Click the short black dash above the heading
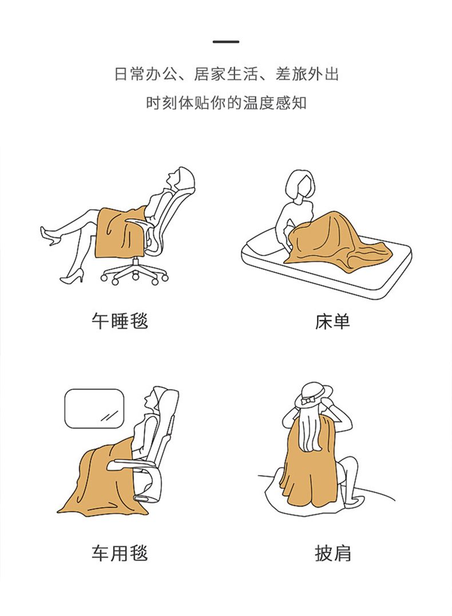pyautogui.click(x=226, y=41)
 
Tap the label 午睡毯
pyautogui.click(x=120, y=321)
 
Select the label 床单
pyautogui.click(x=332, y=321)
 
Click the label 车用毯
pyautogui.click(x=120, y=553)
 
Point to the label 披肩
pyautogui.click(x=332, y=553)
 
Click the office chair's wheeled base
pyautogui.click(x=134, y=272)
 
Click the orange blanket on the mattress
pyautogui.click(x=337, y=240)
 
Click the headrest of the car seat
pyautogui.click(x=167, y=401)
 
